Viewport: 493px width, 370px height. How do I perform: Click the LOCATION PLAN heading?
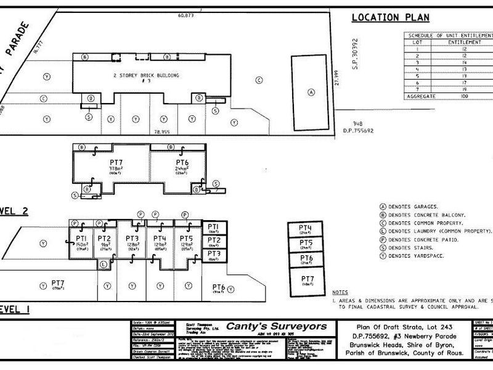tap(390, 17)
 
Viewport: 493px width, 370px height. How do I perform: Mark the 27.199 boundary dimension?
tap(338, 81)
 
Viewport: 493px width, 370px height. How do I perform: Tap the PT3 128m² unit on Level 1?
tap(131, 242)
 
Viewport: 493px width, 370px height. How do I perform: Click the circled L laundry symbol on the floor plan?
tap(104, 264)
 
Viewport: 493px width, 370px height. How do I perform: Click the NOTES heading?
tap(340, 292)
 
